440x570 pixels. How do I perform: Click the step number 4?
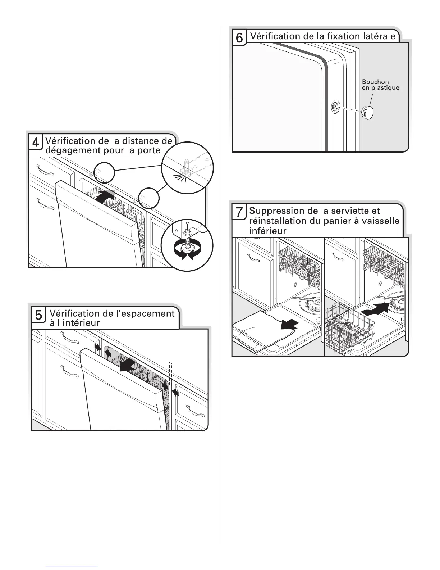tap(36, 143)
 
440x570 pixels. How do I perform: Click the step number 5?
tap(38, 316)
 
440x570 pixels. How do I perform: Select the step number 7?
tap(239, 213)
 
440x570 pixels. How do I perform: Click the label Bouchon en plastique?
tap(380, 85)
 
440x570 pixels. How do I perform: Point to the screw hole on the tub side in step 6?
tap(335, 105)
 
